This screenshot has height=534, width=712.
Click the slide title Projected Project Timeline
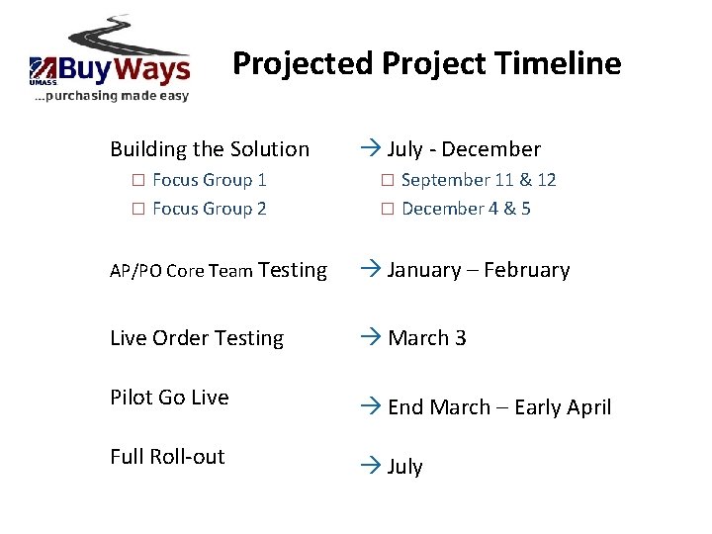426,64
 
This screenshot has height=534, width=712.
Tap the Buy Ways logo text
124,69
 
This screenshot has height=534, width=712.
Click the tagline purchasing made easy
111,96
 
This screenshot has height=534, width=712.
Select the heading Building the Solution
210,149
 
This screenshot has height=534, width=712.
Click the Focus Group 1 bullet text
210,180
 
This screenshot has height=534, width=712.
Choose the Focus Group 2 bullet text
210,209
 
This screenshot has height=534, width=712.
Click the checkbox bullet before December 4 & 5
389,209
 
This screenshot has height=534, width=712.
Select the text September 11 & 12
479,180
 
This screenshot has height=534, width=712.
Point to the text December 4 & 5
466,209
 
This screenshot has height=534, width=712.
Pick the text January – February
479,270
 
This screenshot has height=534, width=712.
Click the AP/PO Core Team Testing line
219,270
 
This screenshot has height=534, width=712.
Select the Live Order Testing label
197,338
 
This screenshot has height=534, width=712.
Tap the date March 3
427,338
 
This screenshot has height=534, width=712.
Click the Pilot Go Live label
169,398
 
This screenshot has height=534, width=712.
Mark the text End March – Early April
499,407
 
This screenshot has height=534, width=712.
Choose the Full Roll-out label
167,457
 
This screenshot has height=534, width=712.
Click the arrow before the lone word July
371,466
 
